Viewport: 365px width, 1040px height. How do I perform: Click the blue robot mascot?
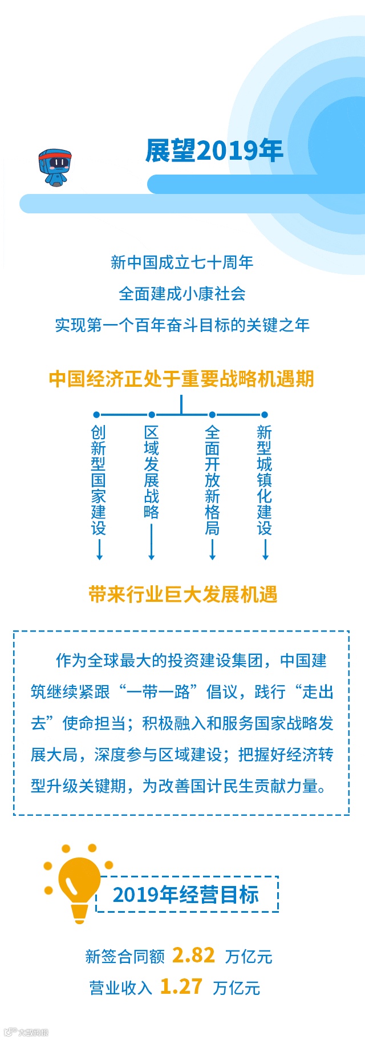point(55,168)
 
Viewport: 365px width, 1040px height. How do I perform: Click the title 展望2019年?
point(214,151)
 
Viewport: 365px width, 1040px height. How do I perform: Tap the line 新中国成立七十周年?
point(182,262)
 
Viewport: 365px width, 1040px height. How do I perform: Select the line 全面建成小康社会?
point(182,294)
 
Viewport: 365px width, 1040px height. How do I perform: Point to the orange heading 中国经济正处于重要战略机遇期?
point(181,379)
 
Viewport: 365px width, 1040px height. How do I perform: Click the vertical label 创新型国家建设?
point(98,480)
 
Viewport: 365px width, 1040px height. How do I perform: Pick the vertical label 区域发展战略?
point(151,472)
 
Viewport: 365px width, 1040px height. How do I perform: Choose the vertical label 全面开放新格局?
point(212,480)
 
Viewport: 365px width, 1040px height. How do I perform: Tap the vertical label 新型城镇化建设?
point(264,480)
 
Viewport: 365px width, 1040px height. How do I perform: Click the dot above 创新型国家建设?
point(96,415)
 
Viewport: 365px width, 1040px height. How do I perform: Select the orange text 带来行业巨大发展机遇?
point(182,594)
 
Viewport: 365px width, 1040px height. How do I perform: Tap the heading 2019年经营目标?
point(186,894)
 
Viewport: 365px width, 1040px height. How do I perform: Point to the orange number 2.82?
point(194,955)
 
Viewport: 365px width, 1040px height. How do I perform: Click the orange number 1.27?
point(181,986)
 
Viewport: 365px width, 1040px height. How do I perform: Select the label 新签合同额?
point(125,956)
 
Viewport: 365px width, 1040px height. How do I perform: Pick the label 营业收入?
point(120,988)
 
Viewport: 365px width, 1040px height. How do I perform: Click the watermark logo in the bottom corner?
point(26,1031)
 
